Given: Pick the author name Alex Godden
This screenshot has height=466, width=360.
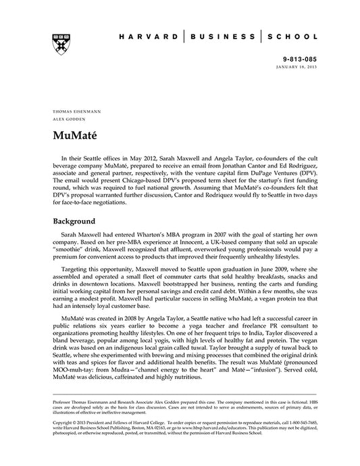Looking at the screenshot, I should coord(65,118).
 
